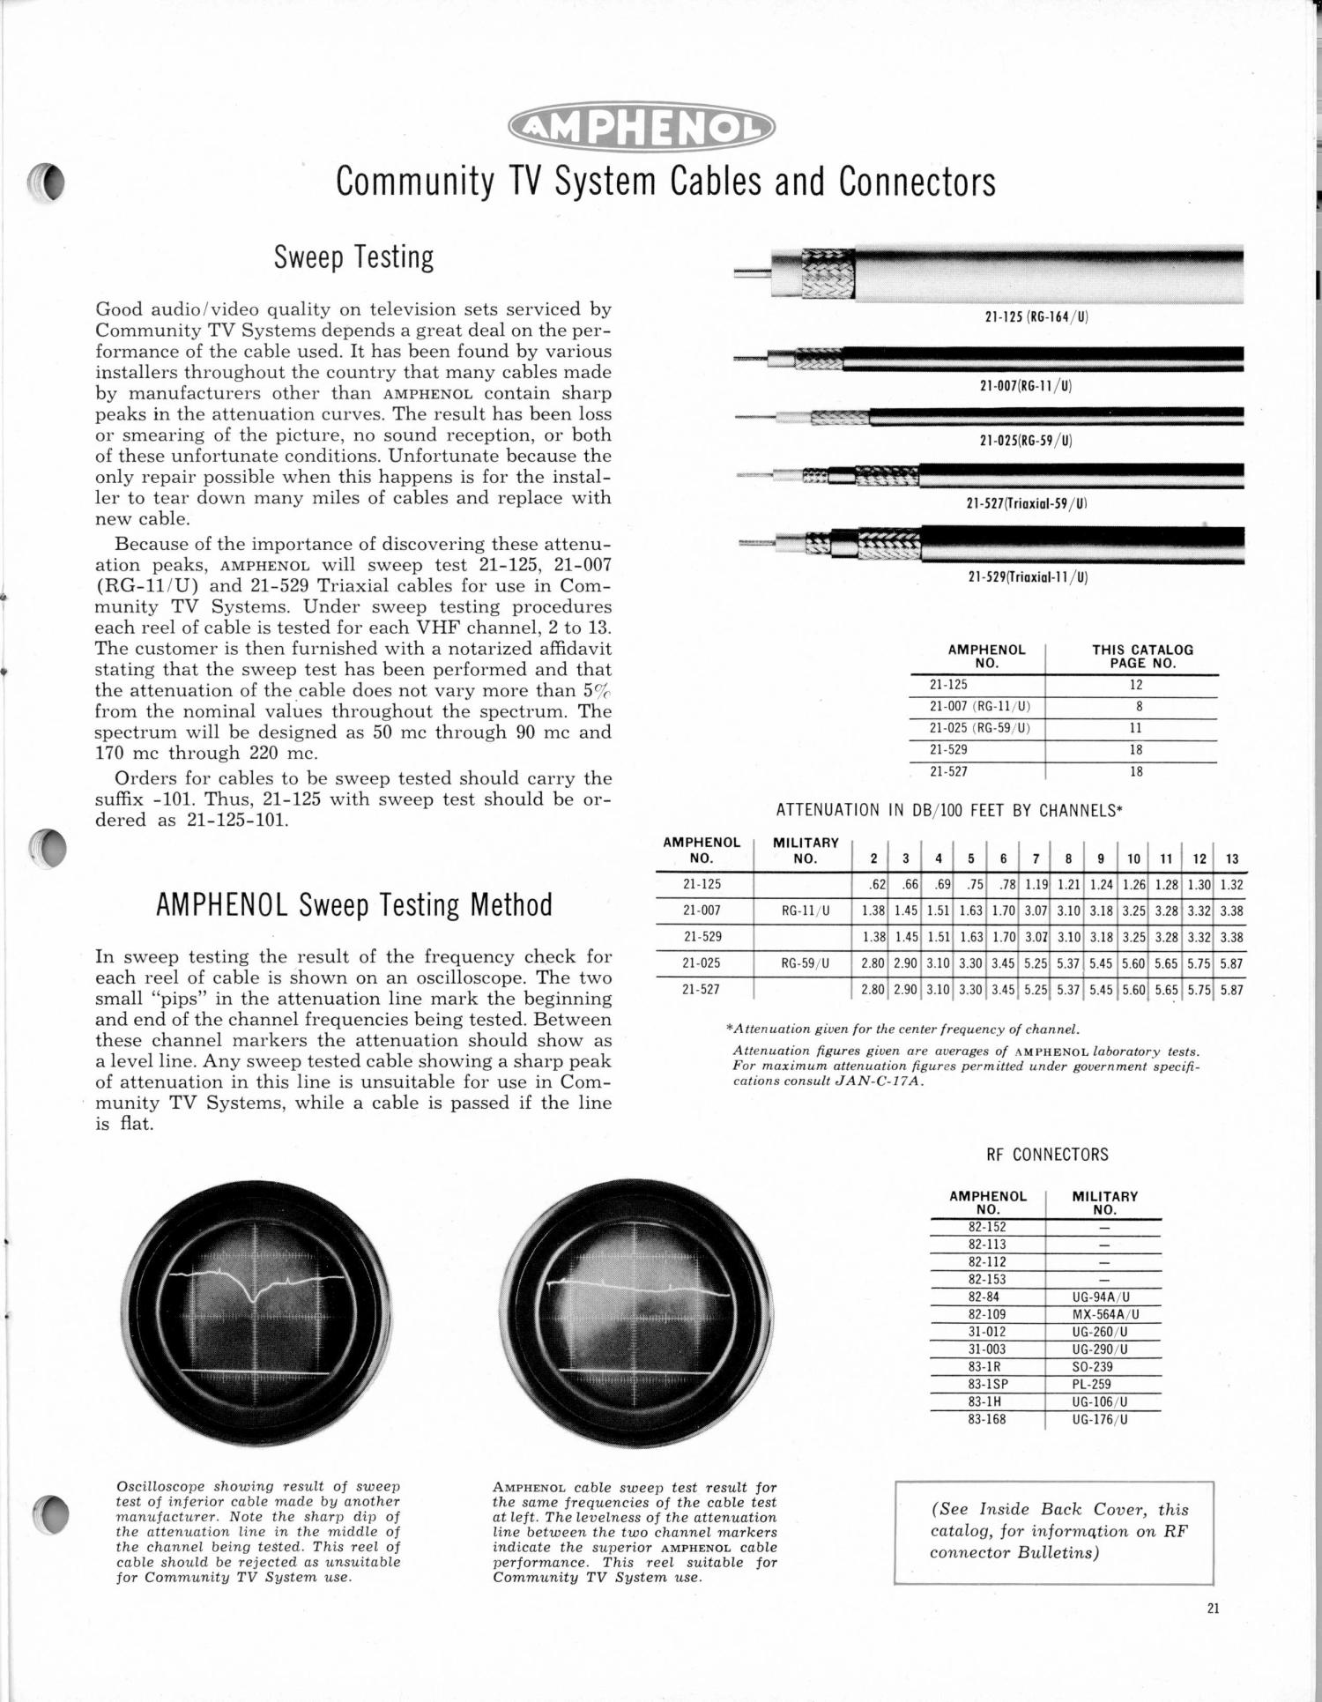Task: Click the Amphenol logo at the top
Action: pos(642,130)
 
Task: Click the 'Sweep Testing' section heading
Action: pos(353,257)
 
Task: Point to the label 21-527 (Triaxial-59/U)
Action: pos(1027,504)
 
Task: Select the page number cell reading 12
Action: pos(1136,685)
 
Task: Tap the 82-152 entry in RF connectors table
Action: pos(987,1227)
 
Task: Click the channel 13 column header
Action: pos(1231,858)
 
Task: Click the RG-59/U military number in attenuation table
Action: pos(806,963)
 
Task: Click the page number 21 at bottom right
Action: pos(1213,1608)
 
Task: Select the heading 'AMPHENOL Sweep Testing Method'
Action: pos(353,905)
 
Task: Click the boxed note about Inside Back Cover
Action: pos(1054,1531)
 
